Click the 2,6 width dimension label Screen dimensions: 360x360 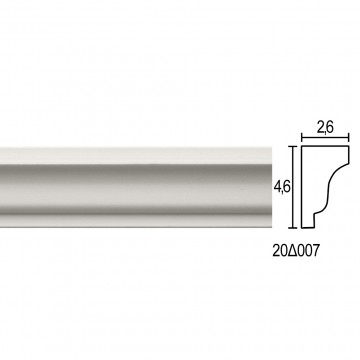click(x=325, y=128)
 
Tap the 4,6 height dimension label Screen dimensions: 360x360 click(x=282, y=188)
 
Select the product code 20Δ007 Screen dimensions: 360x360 click(x=296, y=251)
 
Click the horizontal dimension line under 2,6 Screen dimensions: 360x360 click(x=325, y=137)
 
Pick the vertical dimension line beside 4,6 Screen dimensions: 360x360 click(x=293, y=187)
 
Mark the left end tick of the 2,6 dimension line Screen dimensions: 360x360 click(x=302, y=137)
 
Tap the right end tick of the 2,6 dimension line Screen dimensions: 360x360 click(x=349, y=137)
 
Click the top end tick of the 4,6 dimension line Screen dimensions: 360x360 click(x=293, y=146)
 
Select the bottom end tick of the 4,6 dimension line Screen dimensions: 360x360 click(x=293, y=228)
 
